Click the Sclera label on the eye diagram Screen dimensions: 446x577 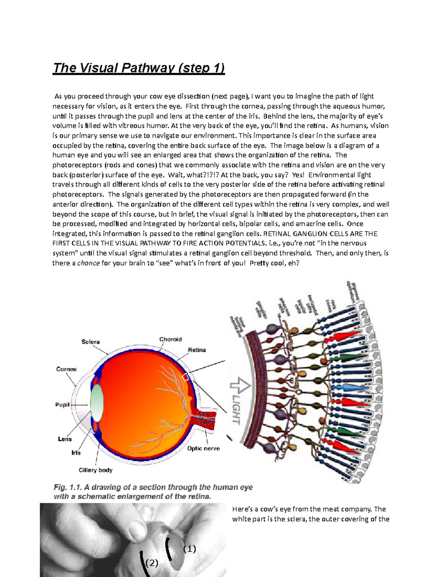pos(91,342)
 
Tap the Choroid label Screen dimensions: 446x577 pos(171,339)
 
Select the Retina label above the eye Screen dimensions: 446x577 pos(197,350)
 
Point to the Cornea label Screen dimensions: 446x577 pos(67,369)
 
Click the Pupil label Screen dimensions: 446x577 pos(62,405)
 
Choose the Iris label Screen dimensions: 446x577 pos(76,453)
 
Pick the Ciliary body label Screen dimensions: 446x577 pos(96,470)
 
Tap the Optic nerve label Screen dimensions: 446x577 pos(203,448)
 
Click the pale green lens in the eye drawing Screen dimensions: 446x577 pos(97,403)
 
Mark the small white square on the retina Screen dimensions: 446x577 pos(185,377)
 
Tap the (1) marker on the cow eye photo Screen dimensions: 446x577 pos(189,549)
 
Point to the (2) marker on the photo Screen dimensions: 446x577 pos(152,563)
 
